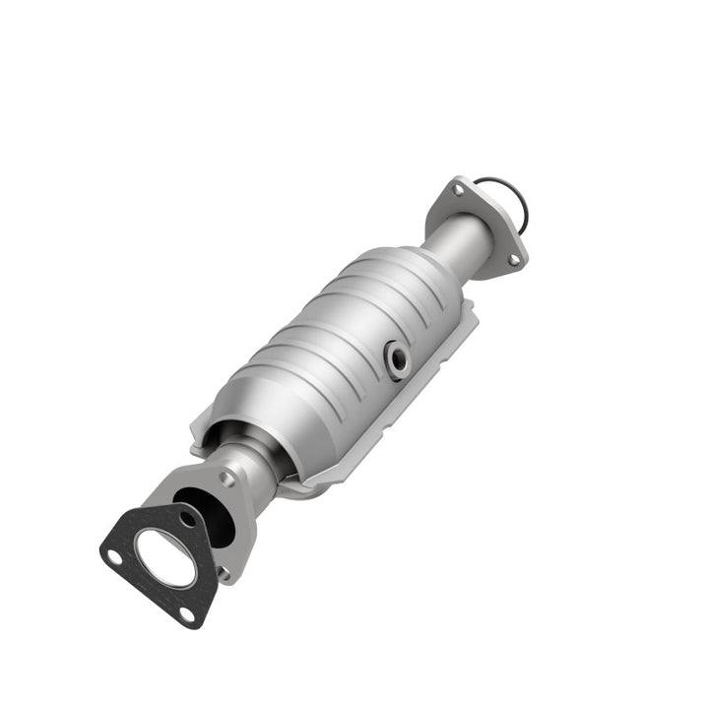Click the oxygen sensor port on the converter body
(398, 360)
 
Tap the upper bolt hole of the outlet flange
(456, 189)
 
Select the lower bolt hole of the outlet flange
(512, 260)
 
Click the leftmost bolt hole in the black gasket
(114, 556)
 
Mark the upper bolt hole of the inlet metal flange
(227, 480)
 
